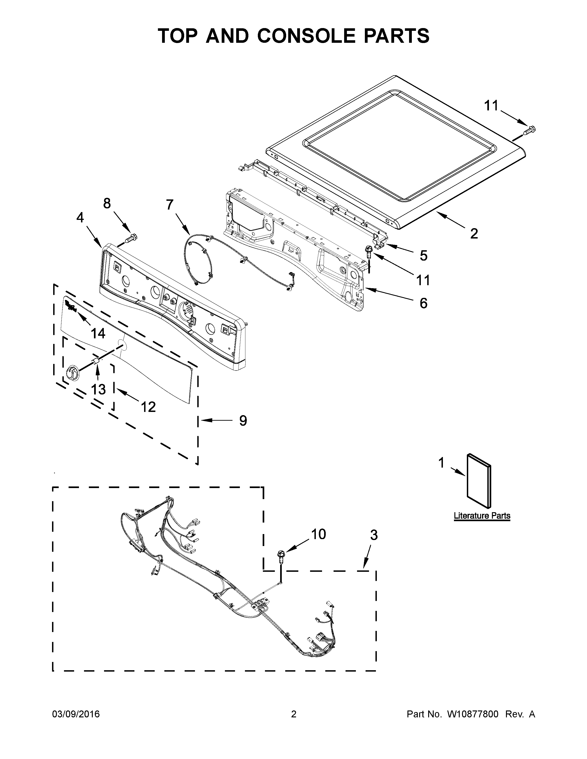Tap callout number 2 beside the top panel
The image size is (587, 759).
click(x=474, y=233)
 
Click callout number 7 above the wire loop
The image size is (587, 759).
click(x=169, y=205)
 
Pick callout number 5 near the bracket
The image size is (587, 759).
click(x=423, y=256)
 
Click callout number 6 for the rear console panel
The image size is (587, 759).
click(x=423, y=303)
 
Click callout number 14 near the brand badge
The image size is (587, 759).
click(x=98, y=334)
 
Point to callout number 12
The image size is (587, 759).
click(x=148, y=406)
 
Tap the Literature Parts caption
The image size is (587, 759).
click(x=482, y=516)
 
